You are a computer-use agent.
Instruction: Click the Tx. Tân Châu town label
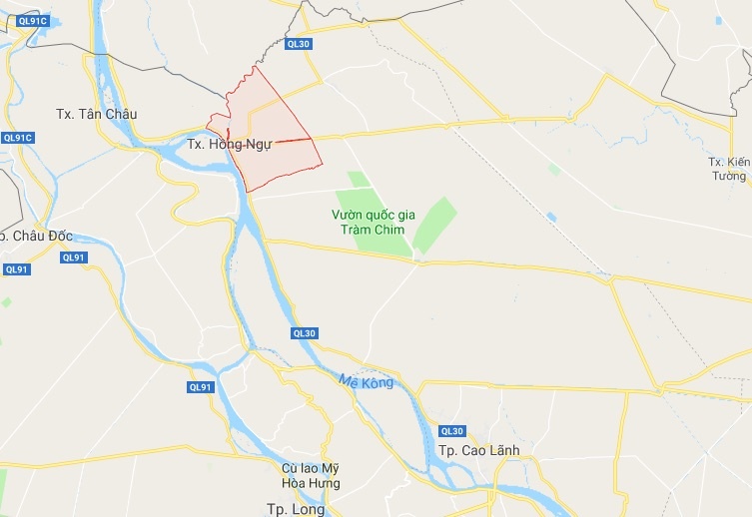pyautogui.click(x=97, y=114)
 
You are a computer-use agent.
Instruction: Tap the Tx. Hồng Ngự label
pyautogui.click(x=229, y=144)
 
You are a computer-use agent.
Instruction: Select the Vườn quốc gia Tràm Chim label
pyautogui.click(x=372, y=222)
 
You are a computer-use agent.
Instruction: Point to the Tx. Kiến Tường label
pyautogui.click(x=727, y=169)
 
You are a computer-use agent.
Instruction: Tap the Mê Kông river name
pyautogui.click(x=366, y=381)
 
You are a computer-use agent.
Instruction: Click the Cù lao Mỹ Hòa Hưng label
pyautogui.click(x=310, y=475)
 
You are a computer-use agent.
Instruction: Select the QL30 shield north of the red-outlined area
pyautogui.click(x=299, y=44)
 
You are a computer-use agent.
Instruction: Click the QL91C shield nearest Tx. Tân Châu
pyautogui.click(x=18, y=138)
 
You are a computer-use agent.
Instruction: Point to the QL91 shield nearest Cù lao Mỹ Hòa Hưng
pyautogui.click(x=201, y=387)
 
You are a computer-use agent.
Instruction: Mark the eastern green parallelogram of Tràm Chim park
pyautogui.click(x=433, y=225)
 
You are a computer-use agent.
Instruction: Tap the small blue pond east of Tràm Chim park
pyautogui.click(x=550, y=217)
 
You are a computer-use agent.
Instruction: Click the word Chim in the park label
pyautogui.click(x=394, y=230)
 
